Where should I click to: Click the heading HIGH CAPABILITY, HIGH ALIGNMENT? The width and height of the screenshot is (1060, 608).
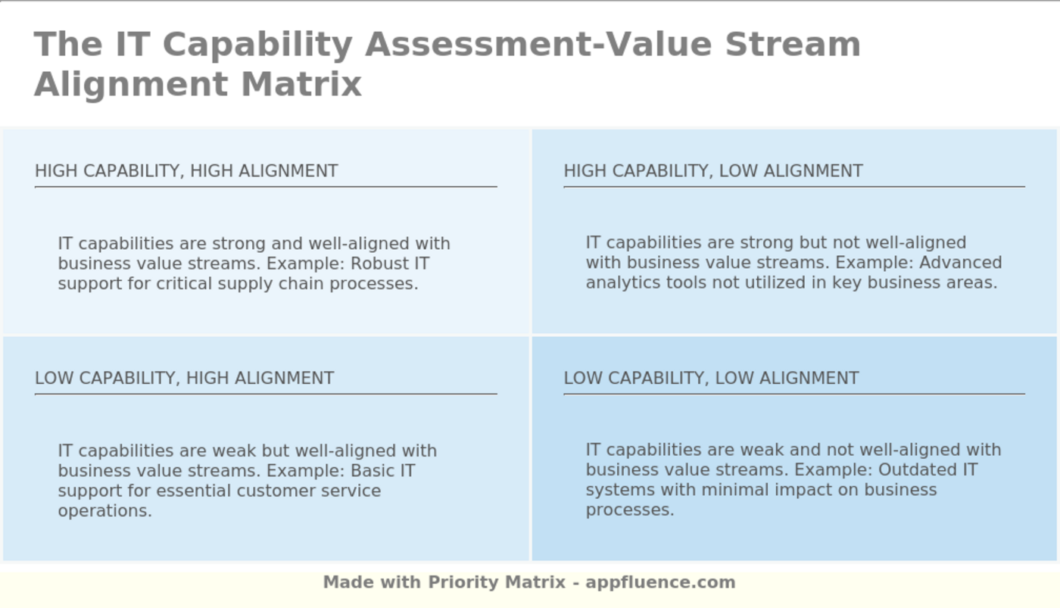click(186, 171)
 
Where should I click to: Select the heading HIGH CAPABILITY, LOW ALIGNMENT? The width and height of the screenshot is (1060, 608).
click(713, 171)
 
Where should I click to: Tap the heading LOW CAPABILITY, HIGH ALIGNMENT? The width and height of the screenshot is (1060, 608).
click(184, 378)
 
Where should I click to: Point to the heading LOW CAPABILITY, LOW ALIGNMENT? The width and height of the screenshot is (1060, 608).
click(711, 378)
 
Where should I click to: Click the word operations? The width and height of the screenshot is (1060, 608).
click(104, 510)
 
